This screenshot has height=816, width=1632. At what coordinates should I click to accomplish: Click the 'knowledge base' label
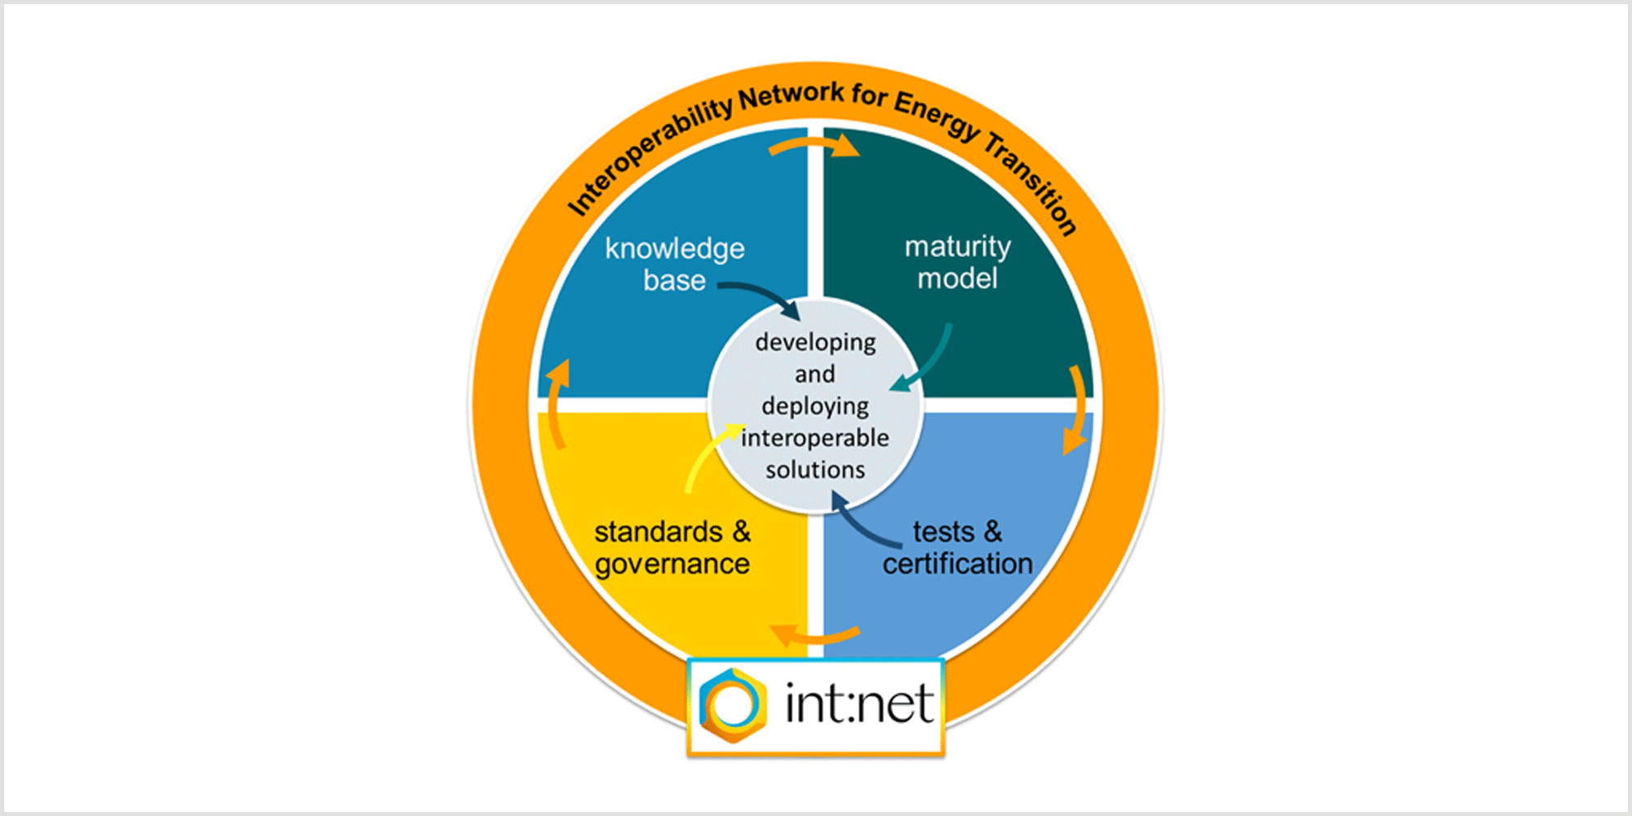pos(675,264)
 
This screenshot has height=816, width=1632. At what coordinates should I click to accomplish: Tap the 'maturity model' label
pos(957,263)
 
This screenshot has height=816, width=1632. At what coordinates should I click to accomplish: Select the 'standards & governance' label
pos(672,548)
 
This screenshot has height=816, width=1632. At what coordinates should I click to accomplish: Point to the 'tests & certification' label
pos(957,548)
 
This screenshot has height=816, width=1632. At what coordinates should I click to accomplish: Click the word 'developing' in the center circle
pos(815,343)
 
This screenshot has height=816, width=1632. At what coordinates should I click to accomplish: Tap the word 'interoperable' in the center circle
pos(815,437)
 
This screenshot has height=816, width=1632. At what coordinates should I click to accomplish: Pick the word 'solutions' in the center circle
pos(815,469)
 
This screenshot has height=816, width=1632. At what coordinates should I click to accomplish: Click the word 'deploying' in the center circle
pos(815,406)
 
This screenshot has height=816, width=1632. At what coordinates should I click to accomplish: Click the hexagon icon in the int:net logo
pos(733,706)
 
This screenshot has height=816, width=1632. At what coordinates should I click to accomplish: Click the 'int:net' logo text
pos(859,703)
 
